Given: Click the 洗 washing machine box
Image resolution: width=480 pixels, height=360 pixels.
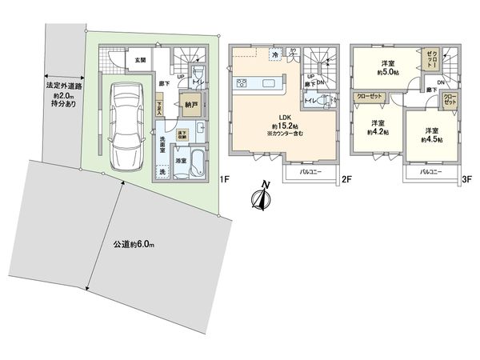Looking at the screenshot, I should (163, 172).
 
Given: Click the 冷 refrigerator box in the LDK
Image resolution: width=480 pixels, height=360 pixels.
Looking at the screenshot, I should (274, 54).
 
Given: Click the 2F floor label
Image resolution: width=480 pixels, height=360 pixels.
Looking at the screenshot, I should (347, 179).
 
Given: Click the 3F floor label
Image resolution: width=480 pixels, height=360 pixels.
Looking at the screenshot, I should (466, 179).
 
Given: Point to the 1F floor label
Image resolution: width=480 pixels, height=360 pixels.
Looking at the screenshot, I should (226, 178).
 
